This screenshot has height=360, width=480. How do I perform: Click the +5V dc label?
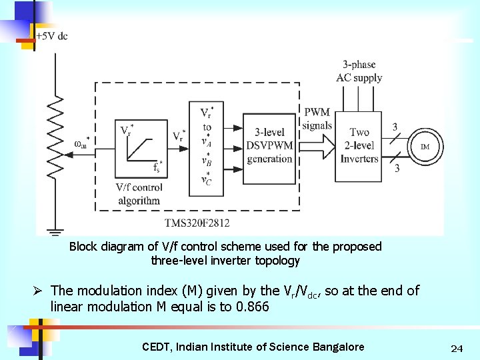[x=51, y=35]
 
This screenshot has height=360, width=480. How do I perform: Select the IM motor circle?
[x=424, y=146]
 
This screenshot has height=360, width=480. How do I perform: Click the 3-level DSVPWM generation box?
[x=270, y=146]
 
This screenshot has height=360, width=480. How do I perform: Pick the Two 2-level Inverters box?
[x=359, y=146]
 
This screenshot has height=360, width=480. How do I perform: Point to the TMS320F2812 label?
[x=197, y=222]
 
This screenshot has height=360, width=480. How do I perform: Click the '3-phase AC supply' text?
[x=359, y=71]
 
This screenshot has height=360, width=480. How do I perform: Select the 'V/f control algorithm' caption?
[x=139, y=193]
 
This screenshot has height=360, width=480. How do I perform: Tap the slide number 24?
[x=457, y=348]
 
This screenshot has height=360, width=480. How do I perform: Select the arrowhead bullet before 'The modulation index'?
[x=39, y=291]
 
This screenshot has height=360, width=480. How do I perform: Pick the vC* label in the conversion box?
[x=207, y=179]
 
